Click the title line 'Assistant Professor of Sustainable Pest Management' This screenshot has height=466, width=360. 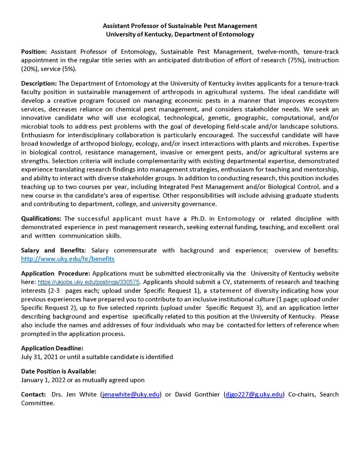180,26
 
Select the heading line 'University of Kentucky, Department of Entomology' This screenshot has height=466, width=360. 180,34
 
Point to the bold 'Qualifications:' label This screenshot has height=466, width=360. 42,219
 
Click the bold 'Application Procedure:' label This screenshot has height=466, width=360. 56,273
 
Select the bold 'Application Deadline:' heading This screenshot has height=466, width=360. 52,348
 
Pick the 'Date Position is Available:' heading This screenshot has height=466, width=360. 59,372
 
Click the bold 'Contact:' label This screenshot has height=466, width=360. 33,395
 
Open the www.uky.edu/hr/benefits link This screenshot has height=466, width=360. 68,259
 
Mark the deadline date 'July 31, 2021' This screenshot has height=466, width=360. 40,356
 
